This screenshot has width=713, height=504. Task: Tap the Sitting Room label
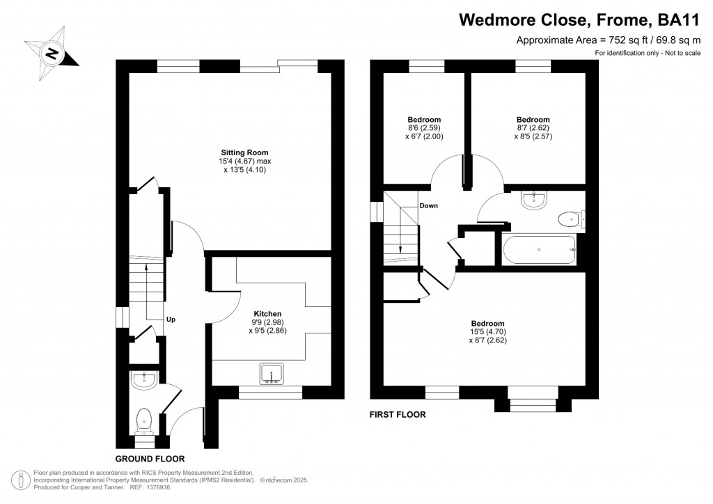(244, 152)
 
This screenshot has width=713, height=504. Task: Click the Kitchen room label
(267, 314)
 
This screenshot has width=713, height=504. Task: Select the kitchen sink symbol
(271, 374)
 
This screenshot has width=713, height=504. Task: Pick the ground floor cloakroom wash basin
(145, 379)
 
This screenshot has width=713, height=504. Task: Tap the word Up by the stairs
(171, 320)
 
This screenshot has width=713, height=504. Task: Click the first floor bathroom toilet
(571, 220)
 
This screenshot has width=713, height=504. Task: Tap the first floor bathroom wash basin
(535, 199)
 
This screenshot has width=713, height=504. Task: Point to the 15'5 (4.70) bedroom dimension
(487, 332)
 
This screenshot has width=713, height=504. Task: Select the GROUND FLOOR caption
(150, 459)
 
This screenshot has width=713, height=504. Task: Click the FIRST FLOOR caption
(397, 415)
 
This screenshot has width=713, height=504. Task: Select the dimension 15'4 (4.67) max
(244, 161)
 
